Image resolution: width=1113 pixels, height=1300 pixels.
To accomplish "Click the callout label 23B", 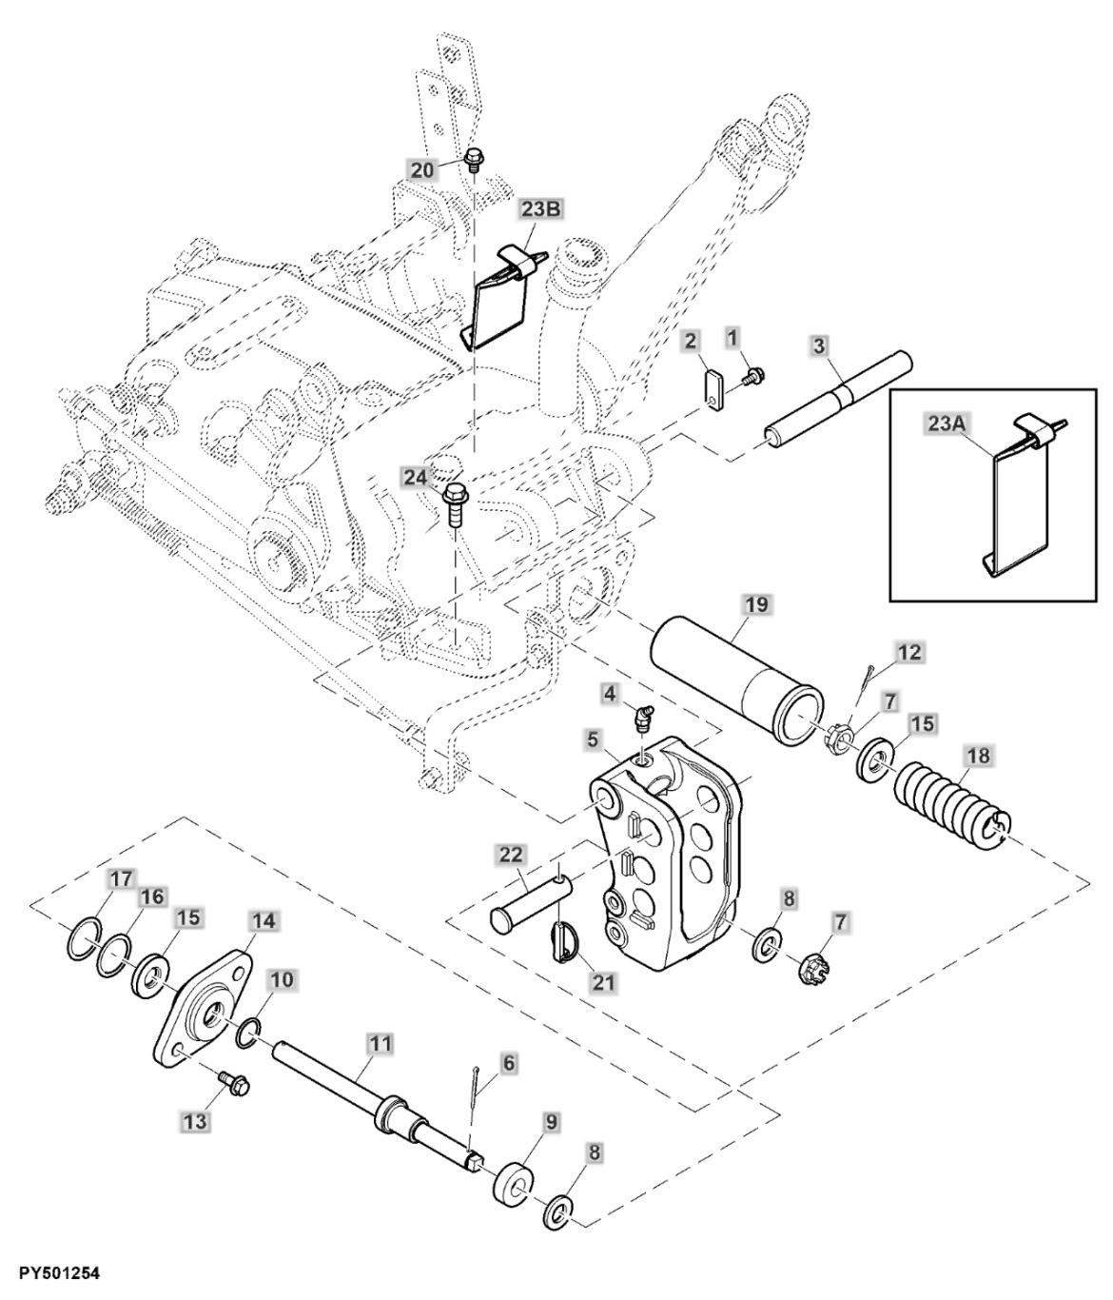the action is click(x=541, y=209).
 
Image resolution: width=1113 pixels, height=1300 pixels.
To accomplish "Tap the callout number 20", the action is click(x=423, y=169).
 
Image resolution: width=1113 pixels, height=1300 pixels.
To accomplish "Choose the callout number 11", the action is click(x=381, y=1045).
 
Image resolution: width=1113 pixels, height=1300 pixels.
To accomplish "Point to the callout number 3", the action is click(x=819, y=345).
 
